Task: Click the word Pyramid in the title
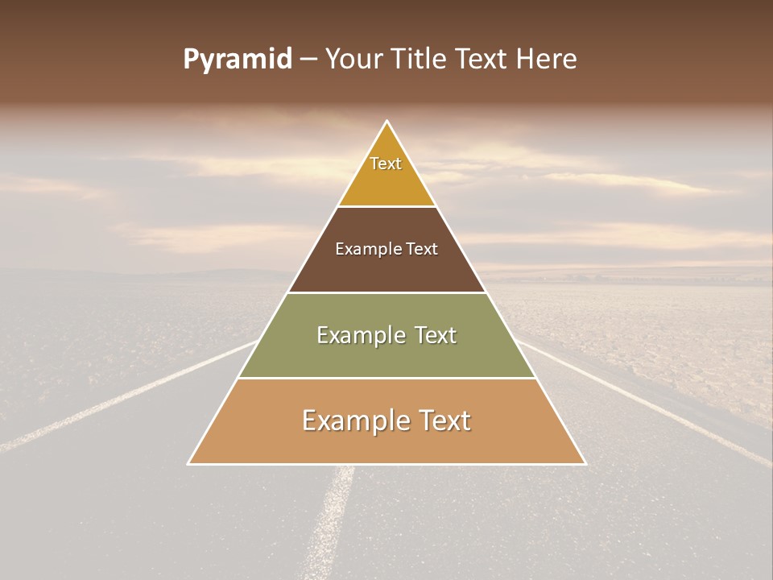click(238, 60)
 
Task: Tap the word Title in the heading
click(422, 60)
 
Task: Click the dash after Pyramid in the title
click(308, 60)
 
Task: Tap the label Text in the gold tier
click(386, 164)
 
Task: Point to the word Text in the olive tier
click(431, 335)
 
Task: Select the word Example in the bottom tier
click(351, 420)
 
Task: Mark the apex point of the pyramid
click(387, 122)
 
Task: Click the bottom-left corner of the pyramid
click(189, 463)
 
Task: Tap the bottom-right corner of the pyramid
click(585, 463)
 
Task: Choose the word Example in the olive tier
click(358, 335)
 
